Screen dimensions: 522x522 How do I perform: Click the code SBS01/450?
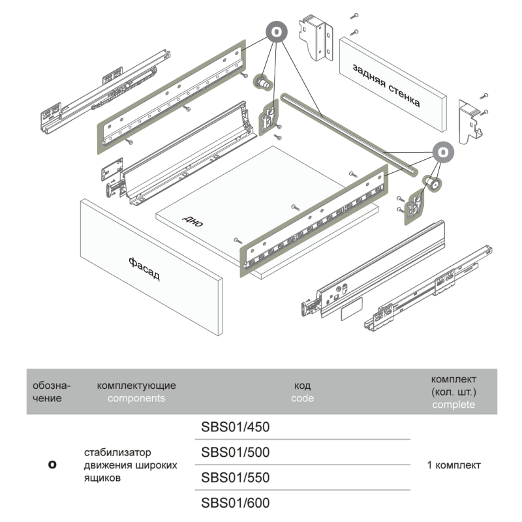tap(236, 427)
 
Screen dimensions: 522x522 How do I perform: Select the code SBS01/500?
tap(236, 453)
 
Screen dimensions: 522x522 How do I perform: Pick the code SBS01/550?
tap(236, 478)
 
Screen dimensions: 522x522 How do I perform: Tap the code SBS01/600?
tap(236, 504)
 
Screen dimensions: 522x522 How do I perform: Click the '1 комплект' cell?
tap(454, 465)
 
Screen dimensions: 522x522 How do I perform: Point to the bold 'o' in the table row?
tap(53, 465)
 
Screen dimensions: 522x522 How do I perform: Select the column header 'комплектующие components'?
tap(136, 392)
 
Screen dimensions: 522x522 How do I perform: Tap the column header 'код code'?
tap(302, 392)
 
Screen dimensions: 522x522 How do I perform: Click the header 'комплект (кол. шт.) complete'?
tap(454, 391)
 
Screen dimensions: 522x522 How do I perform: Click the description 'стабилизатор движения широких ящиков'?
tap(130, 465)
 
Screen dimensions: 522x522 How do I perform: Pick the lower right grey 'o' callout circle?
tap(443, 151)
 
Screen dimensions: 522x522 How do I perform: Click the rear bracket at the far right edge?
tap(471, 122)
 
